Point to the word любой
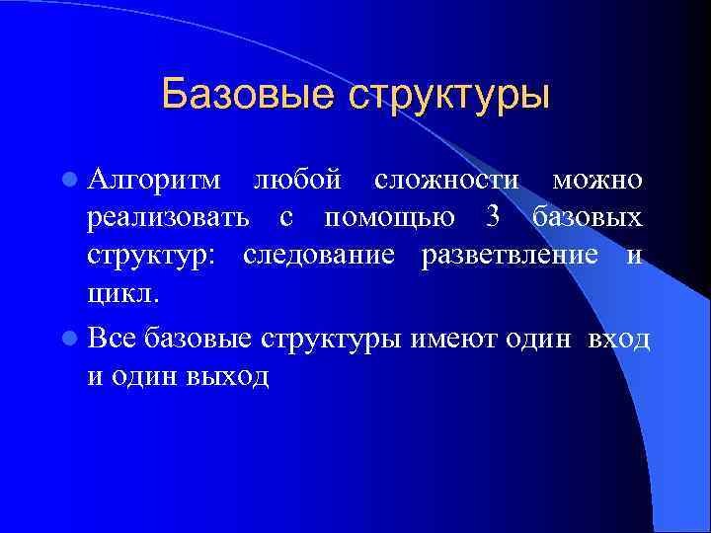tap(298, 180)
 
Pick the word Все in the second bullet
tap(112, 339)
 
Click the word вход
tap(618, 339)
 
